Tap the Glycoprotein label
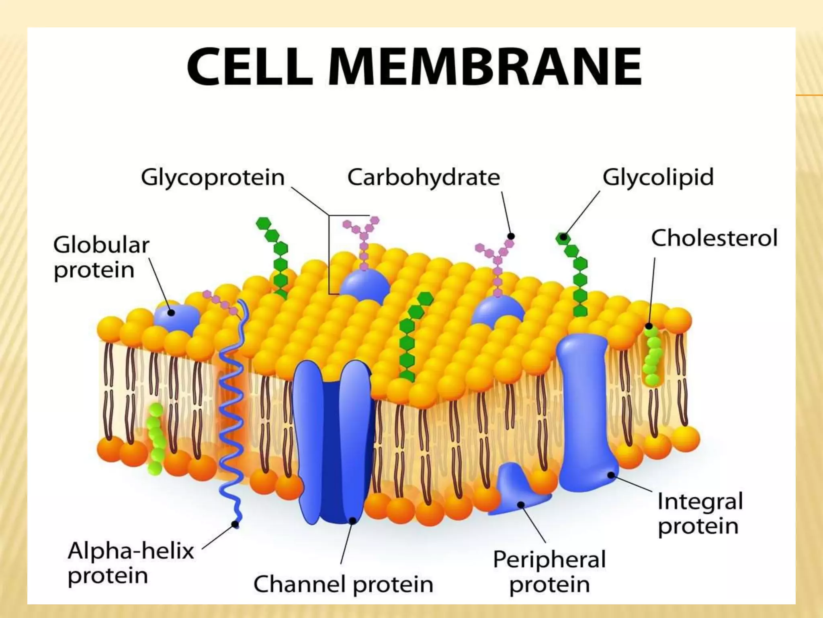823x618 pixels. click(213, 177)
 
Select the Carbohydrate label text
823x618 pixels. click(424, 177)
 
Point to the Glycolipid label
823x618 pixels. click(658, 177)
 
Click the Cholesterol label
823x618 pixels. click(714, 238)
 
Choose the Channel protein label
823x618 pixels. click(343, 584)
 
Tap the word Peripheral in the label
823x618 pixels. click(549, 559)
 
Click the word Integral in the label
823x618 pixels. click(700, 501)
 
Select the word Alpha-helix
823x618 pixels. click(131, 550)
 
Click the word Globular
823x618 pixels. click(101, 245)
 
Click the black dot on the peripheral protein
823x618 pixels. click(521, 505)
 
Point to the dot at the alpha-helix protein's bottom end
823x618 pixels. click(235, 524)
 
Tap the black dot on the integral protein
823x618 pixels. click(611, 475)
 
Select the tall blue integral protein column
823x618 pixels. click(583, 406)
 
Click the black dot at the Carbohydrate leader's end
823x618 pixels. click(511, 236)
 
